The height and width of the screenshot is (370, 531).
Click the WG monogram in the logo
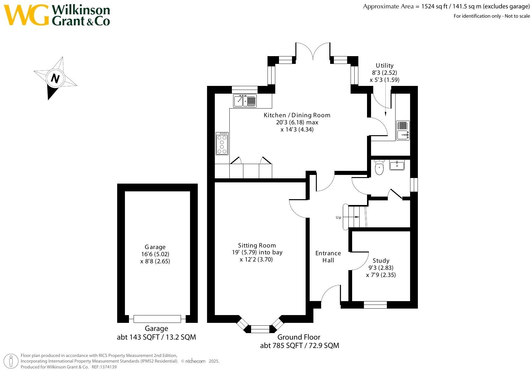click(26, 15)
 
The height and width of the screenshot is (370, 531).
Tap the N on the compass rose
click(55, 78)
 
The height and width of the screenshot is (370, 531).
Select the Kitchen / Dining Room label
click(297, 115)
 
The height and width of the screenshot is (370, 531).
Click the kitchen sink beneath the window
click(245, 100)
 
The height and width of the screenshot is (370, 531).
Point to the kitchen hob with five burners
click(222, 143)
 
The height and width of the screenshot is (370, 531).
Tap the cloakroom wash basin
click(397, 165)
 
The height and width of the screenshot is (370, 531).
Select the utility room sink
click(403, 130)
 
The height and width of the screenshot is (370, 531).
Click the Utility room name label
click(384, 65)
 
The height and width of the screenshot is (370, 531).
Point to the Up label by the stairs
click(339, 217)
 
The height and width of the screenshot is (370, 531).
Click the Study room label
click(381, 261)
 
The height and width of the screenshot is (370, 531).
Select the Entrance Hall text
click(328, 257)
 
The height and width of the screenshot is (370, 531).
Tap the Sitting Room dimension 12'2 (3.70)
click(256, 260)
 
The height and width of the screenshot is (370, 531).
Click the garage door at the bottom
click(157, 319)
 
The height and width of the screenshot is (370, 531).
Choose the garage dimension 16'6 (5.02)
click(155, 254)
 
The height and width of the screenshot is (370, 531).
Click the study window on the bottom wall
click(375, 305)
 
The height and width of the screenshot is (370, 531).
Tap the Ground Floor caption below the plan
click(299, 337)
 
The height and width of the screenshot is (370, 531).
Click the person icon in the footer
click(11, 362)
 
